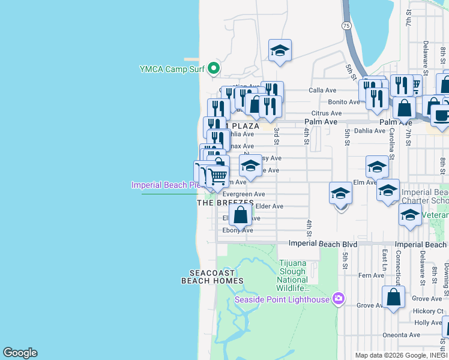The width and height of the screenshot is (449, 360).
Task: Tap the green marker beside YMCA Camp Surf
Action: pos(214,69)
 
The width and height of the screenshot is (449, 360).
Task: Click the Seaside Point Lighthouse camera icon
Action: pos(339,298)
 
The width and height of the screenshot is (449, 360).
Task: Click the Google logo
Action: pos(20,353)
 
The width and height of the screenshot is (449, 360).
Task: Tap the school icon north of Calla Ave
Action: pos(280,51)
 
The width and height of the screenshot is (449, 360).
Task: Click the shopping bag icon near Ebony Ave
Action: pos(240,215)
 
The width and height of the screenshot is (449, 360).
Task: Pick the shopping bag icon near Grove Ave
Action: pos(393,297)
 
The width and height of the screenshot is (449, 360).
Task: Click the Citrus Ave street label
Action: pos(327,113)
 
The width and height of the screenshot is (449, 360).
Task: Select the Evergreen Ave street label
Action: pos(243,194)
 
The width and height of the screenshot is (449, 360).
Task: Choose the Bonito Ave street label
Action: pos(344,102)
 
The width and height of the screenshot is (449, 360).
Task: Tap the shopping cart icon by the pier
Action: pos(217,176)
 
